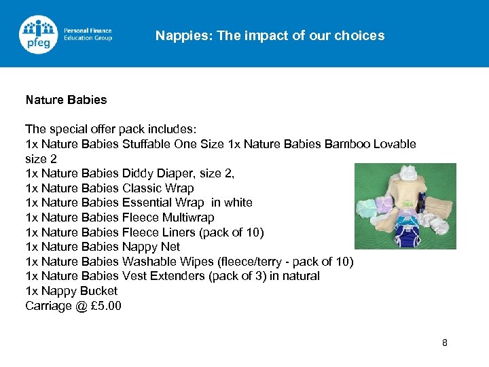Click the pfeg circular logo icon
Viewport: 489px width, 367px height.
39,34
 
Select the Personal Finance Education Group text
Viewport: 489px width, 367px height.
88,34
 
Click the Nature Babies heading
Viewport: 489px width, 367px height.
66,100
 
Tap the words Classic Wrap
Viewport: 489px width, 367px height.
158,188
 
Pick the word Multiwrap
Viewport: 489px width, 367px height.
188,217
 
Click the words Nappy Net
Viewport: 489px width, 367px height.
151,247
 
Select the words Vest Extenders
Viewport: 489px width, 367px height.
158,276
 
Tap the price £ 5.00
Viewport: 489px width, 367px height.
106,306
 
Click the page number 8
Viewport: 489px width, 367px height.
445,343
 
